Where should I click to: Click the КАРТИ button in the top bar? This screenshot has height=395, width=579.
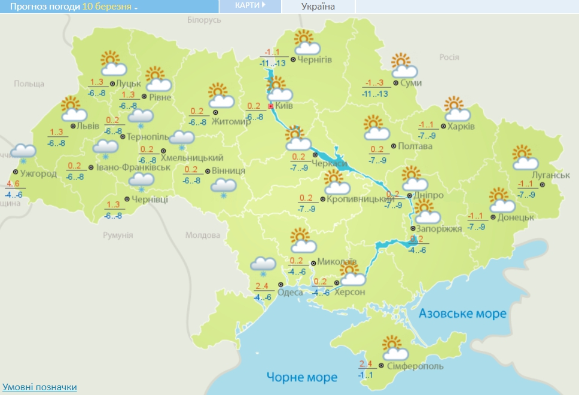tap(250, 5)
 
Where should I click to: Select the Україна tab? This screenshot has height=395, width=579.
tap(318, 7)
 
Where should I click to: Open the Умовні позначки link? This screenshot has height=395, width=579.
tap(39, 387)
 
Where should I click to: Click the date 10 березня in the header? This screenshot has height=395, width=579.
tap(107, 7)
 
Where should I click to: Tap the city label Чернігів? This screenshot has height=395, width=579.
tap(315, 60)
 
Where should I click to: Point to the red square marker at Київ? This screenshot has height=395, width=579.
tap(270, 106)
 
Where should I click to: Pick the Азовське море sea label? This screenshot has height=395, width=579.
tap(462, 313)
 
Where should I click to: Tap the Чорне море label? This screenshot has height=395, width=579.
tap(301, 377)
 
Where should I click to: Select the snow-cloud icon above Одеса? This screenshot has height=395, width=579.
tap(263, 264)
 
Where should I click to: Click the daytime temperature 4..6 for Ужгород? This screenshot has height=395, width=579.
tap(14, 184)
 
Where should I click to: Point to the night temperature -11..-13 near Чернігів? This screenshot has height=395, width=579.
tap(275, 63)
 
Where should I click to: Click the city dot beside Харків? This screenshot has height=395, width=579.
tap(443, 127)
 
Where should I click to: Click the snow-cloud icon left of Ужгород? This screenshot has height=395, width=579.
tap(23, 152)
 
